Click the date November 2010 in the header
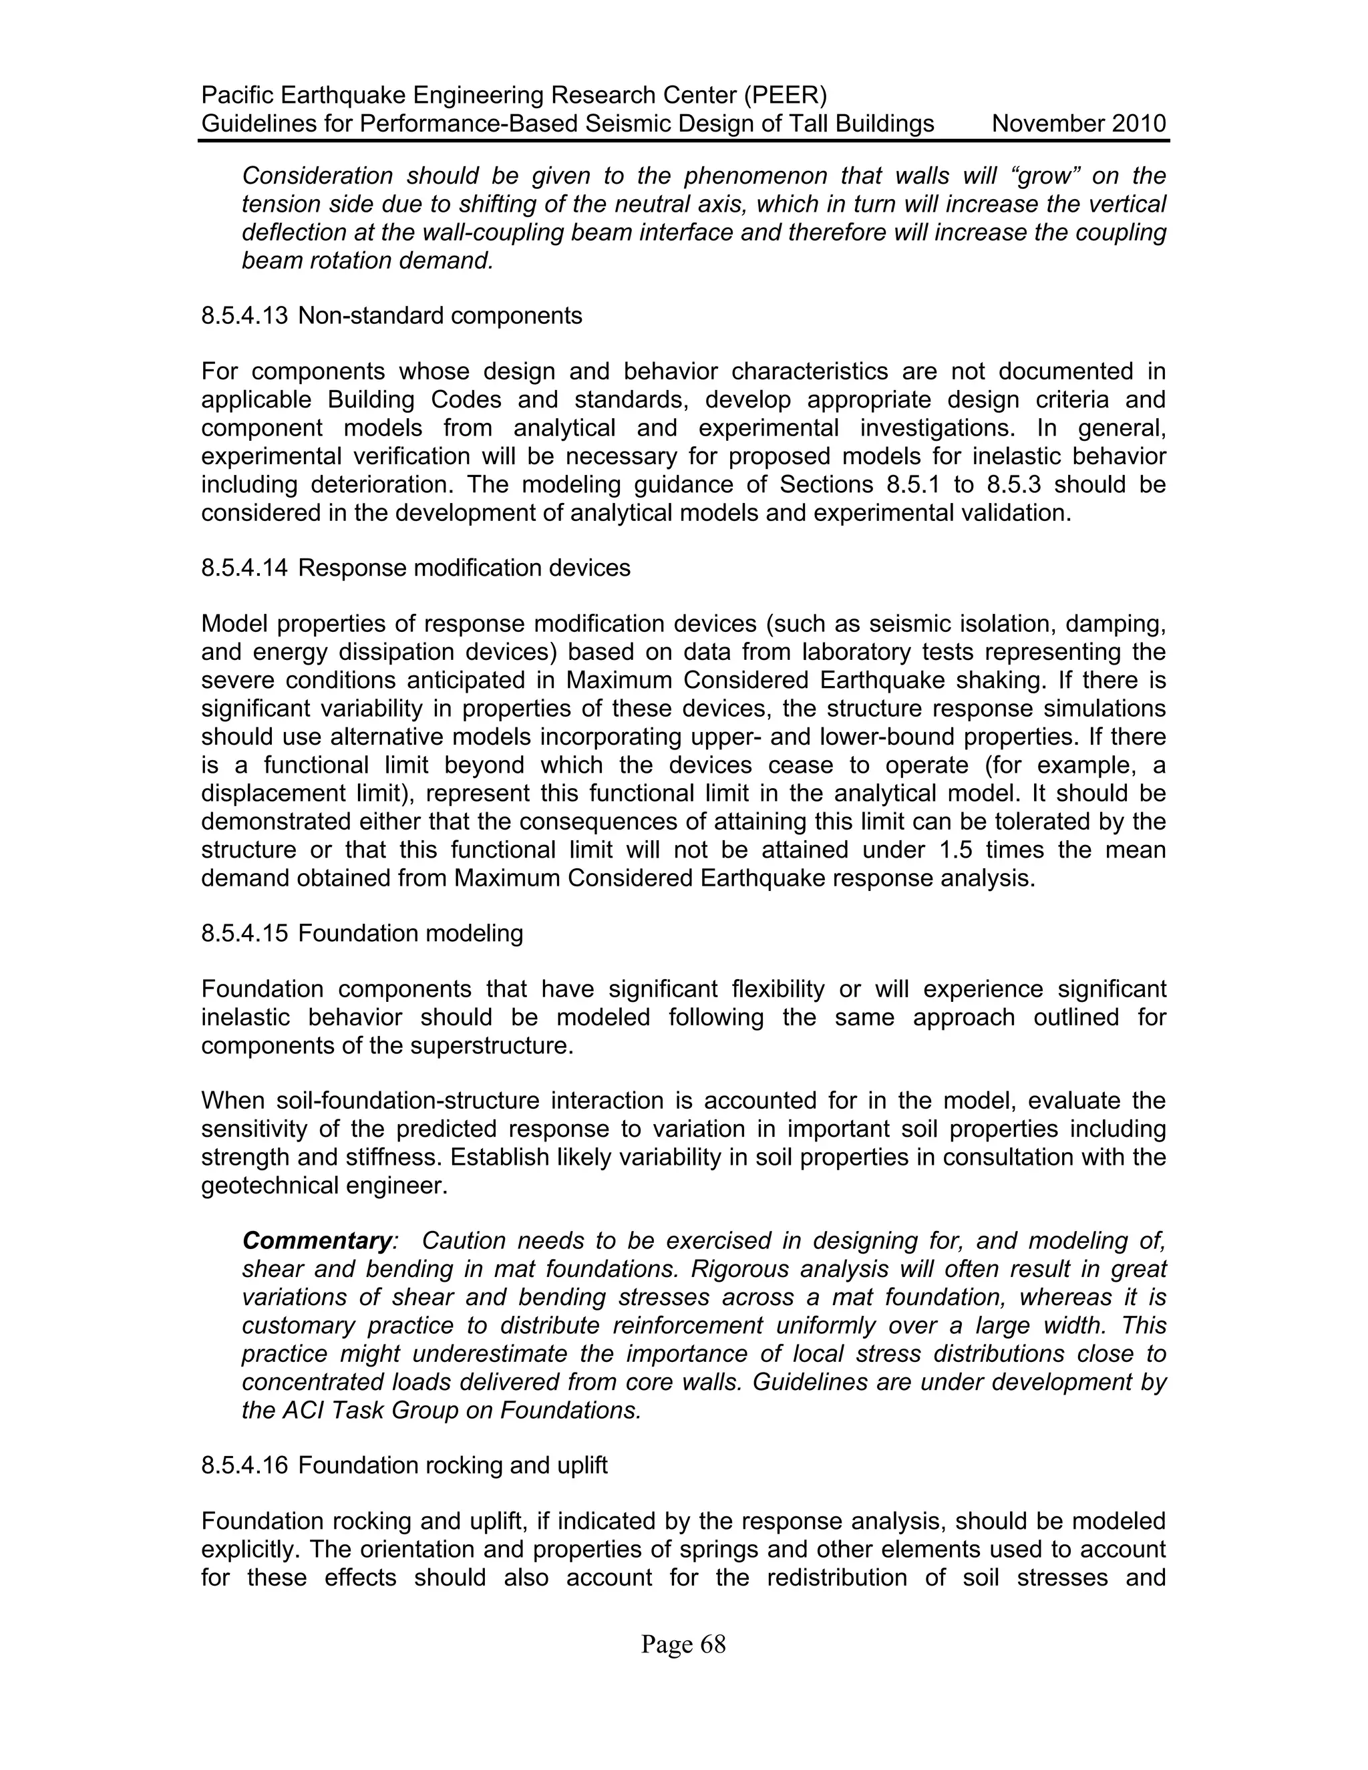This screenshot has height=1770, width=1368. (x=1079, y=124)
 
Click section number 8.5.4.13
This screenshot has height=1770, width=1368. (x=244, y=316)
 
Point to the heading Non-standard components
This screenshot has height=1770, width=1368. (x=440, y=316)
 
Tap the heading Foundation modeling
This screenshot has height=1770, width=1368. (x=410, y=934)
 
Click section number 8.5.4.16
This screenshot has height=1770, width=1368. (x=244, y=1465)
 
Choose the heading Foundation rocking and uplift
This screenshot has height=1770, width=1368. (x=452, y=1465)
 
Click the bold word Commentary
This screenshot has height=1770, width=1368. (x=317, y=1241)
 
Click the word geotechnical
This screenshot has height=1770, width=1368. (x=270, y=1186)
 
